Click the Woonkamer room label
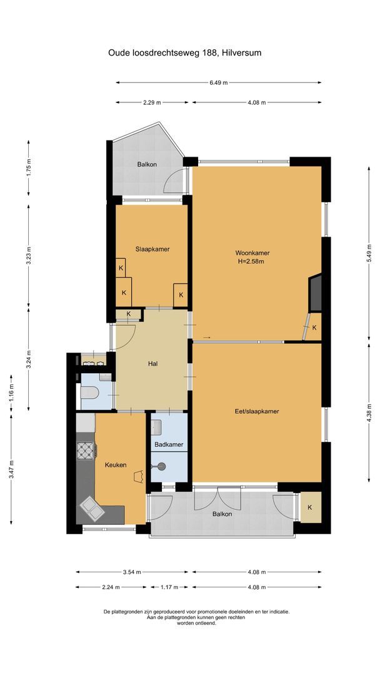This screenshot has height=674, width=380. [x=252, y=253]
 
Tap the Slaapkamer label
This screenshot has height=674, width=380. [x=152, y=249]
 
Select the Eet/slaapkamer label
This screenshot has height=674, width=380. [x=256, y=411]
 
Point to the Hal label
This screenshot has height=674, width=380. [x=152, y=364]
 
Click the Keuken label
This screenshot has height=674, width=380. [x=116, y=465]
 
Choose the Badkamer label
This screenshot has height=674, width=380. [x=169, y=444]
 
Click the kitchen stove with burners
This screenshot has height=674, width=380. [x=86, y=450]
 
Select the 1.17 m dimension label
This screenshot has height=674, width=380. [x=169, y=587]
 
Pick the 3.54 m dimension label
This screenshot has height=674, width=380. [x=131, y=572]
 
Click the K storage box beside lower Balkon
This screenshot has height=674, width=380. [x=310, y=507]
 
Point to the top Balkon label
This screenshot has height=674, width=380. [x=147, y=164]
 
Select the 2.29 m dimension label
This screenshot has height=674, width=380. [x=153, y=103]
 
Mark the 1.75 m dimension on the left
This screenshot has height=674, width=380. [x=29, y=169]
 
